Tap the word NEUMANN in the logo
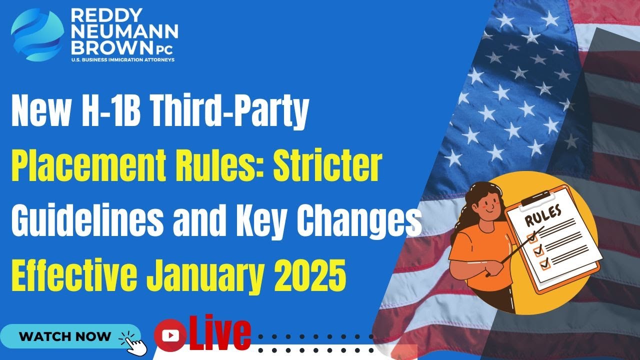tap(124, 32)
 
